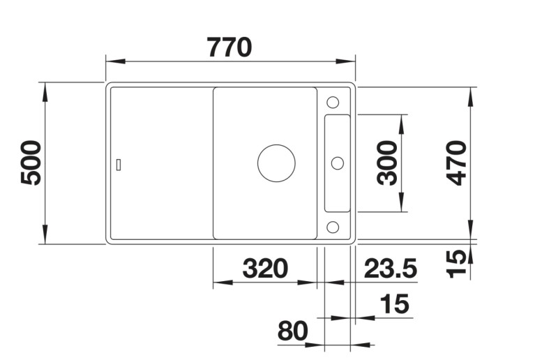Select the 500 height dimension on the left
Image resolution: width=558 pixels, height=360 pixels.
tap(32, 163)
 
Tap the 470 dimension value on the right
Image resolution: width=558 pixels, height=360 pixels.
tap(457, 163)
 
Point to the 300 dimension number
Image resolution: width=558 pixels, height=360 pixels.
tap(388, 163)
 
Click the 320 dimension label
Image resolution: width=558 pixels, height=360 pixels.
tap(264, 267)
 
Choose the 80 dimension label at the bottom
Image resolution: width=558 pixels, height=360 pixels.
tap(292, 331)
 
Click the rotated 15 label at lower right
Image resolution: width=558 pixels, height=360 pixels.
tap(457, 263)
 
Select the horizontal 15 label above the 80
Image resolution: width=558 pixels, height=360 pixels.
tap(394, 304)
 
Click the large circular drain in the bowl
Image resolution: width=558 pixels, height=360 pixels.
tap(276, 163)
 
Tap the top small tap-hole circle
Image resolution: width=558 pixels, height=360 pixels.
tap(333, 101)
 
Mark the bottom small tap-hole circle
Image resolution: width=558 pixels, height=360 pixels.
tap(333, 226)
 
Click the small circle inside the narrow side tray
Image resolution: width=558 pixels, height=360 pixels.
tap(338, 163)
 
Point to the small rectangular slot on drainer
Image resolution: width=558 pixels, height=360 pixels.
tap(119, 164)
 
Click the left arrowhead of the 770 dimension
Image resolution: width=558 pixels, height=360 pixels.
tap(112, 61)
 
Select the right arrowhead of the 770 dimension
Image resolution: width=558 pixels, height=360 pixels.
tap(350, 61)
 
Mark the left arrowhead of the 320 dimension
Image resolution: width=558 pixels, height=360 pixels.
tap(218, 283)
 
